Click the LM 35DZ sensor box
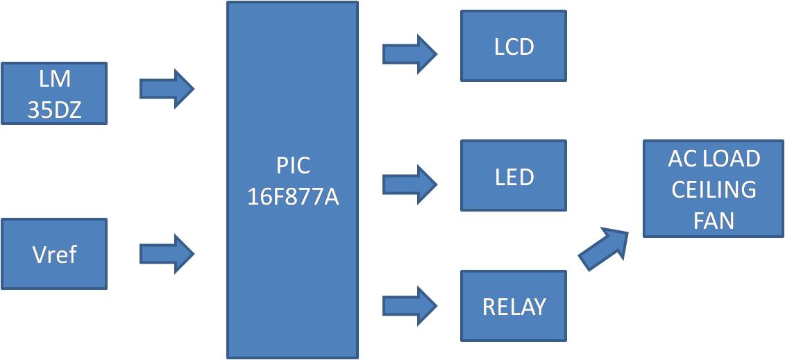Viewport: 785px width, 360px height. [54, 94]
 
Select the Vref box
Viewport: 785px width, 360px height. [54, 254]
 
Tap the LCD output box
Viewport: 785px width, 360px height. [514, 46]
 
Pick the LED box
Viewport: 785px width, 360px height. [514, 176]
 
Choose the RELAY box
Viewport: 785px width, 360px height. [514, 306]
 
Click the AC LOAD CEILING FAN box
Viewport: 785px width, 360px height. [714, 189]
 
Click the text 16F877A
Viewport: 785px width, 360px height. [292, 196]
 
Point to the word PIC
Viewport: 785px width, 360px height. [293, 166]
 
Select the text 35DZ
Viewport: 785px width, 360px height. [54, 110]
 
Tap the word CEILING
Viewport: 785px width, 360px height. [714, 189]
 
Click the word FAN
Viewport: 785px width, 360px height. [714, 220]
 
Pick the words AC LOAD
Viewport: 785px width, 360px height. [714, 159]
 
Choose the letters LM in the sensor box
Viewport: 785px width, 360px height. [54, 78]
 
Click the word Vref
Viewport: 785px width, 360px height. [54, 255]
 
